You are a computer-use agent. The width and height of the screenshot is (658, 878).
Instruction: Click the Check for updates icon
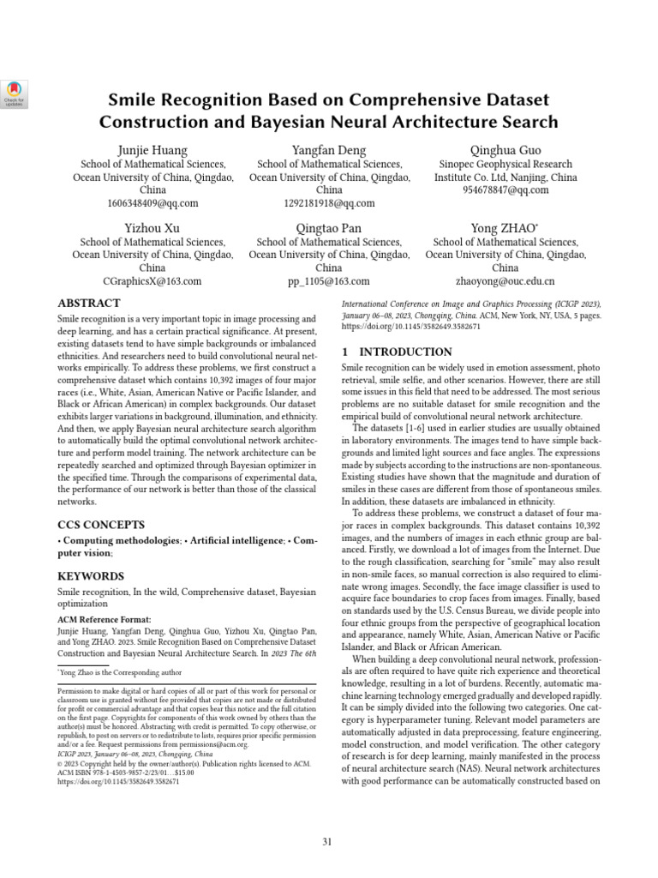(15, 92)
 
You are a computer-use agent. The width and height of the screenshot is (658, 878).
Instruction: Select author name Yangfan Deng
(329, 150)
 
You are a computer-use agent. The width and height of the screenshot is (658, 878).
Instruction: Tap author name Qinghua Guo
(505, 150)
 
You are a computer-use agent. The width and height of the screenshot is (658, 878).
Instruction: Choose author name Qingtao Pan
(329, 228)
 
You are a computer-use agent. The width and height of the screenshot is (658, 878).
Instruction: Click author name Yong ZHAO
(505, 228)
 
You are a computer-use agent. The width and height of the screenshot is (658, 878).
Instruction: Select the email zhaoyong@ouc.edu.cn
(505, 280)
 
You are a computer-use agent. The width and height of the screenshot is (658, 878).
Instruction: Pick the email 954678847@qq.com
(505, 190)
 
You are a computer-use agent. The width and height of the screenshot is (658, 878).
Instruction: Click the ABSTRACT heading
(88, 304)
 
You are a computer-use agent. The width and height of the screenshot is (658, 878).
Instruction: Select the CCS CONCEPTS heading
(100, 524)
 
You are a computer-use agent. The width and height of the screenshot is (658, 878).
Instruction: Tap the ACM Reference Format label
(104, 618)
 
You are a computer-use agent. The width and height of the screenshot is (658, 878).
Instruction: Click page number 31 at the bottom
(327, 841)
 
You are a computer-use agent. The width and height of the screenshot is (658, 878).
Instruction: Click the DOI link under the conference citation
(399, 328)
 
